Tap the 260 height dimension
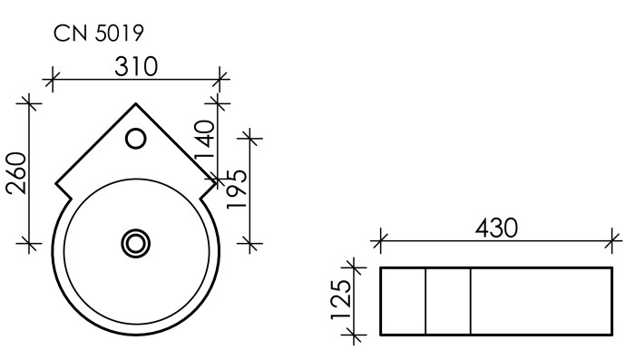tap(17, 172)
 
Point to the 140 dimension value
tap(204, 141)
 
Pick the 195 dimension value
tap(237, 189)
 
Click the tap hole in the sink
tap(135, 139)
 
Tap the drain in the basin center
tap(135, 242)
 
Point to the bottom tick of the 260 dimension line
tap(32, 243)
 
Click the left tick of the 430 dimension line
tap(380, 242)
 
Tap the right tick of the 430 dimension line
tap(613, 242)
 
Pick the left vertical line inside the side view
tap(425, 300)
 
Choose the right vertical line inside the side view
tap(470, 300)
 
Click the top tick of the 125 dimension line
tap(355, 268)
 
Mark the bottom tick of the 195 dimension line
tap(251, 243)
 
